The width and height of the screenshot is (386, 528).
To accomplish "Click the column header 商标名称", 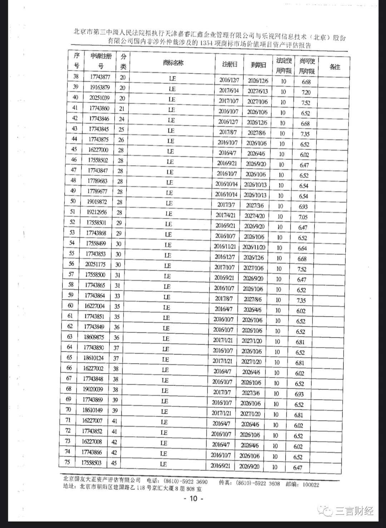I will [173, 63].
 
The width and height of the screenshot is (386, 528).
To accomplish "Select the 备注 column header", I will [335, 67].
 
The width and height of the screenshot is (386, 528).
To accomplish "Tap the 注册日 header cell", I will [230, 65].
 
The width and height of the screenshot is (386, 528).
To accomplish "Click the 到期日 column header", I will [258, 65].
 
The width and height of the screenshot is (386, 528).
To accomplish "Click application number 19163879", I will [100, 87].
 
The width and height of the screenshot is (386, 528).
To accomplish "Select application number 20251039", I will [99, 97].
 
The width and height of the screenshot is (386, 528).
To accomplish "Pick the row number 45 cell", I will [74, 149].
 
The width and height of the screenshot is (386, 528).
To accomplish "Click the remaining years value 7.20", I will [306, 92].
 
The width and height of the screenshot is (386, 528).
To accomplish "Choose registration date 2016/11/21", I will [225, 246].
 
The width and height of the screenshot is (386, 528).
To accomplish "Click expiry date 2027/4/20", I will [254, 216].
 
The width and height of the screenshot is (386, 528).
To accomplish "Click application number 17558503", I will [91, 462].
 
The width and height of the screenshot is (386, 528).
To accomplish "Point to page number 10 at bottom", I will [193, 499].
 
